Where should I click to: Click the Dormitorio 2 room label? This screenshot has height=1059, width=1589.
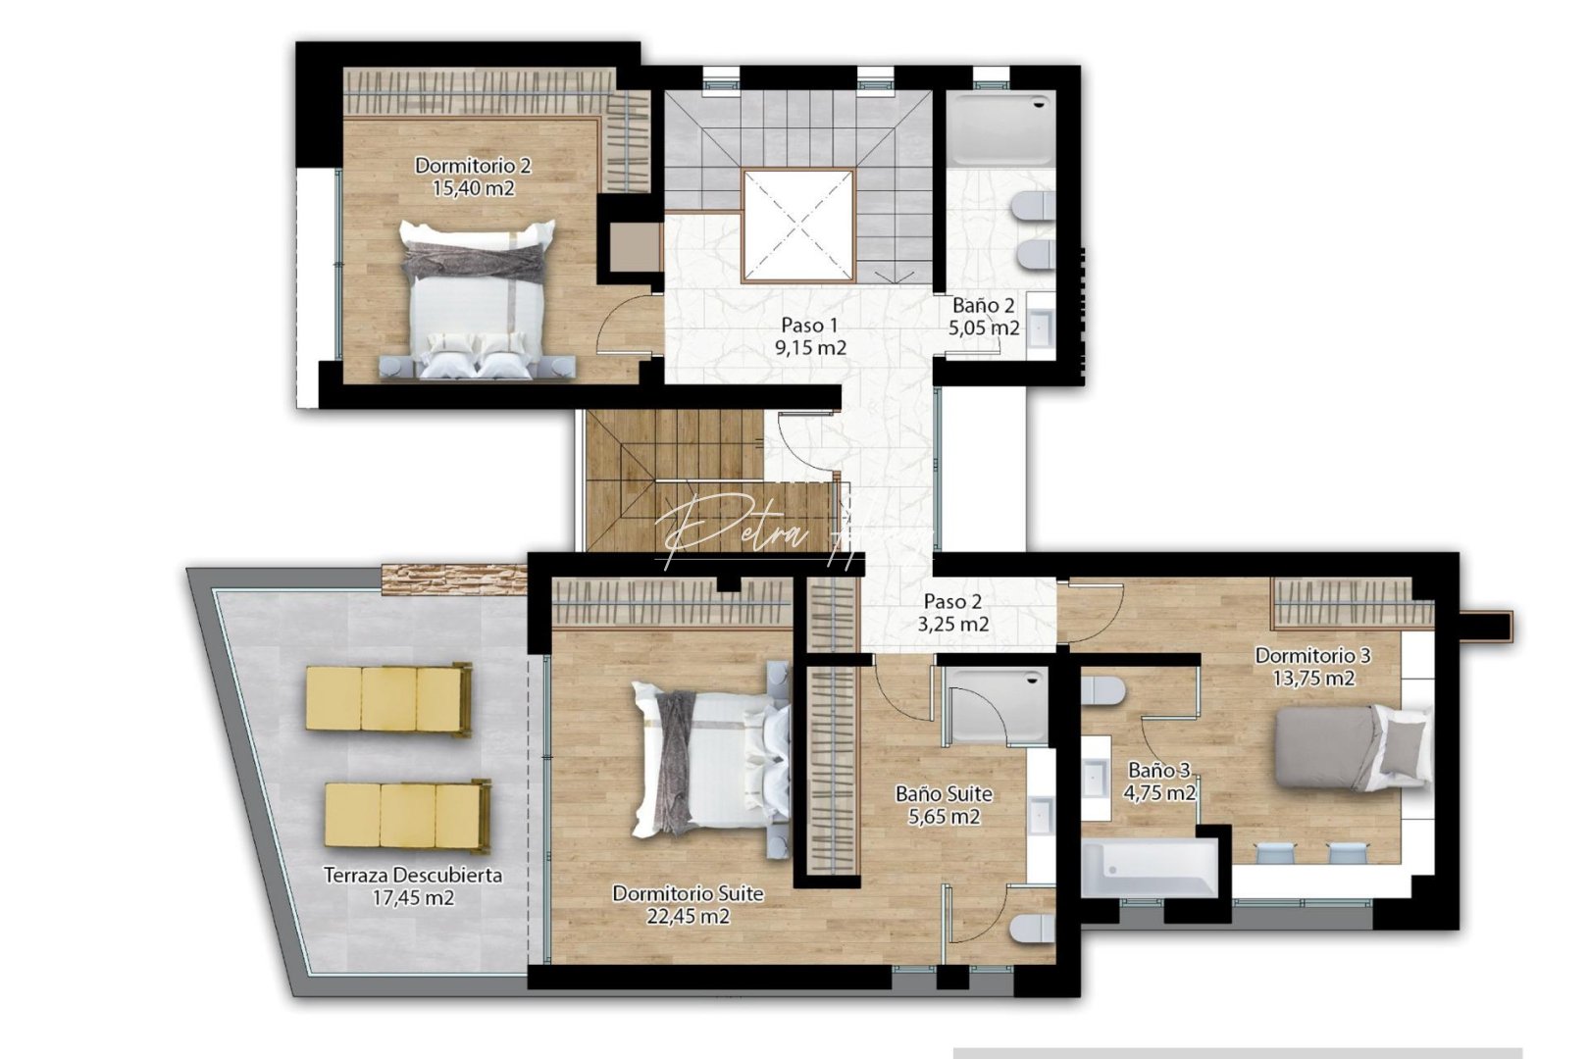tap(472, 165)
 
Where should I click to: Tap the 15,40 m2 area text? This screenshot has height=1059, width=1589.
tap(473, 188)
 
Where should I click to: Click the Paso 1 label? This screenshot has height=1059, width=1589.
tap(809, 325)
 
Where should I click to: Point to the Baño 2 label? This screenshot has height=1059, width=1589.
tap(983, 305)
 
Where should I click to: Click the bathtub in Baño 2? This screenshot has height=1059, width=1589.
tap(1000, 128)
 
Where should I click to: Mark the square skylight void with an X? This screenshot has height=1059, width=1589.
tap(797, 226)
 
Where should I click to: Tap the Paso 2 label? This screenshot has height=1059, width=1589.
tap(952, 601)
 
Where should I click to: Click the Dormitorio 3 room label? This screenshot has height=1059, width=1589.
tap(1312, 654)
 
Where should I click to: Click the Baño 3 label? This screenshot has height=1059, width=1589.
tap(1158, 770)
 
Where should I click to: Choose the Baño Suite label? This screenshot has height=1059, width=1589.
tap(944, 793)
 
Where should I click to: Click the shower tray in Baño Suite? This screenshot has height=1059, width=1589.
tap(994, 706)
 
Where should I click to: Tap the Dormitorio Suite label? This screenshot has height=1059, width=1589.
tap(688, 893)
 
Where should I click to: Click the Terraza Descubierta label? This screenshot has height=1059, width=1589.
tap(413, 875)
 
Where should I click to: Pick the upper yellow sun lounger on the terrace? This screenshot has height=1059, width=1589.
tap(388, 698)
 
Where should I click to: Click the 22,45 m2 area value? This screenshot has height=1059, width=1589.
tap(688, 917)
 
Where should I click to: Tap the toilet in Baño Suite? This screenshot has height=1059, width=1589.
tap(1032, 927)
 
